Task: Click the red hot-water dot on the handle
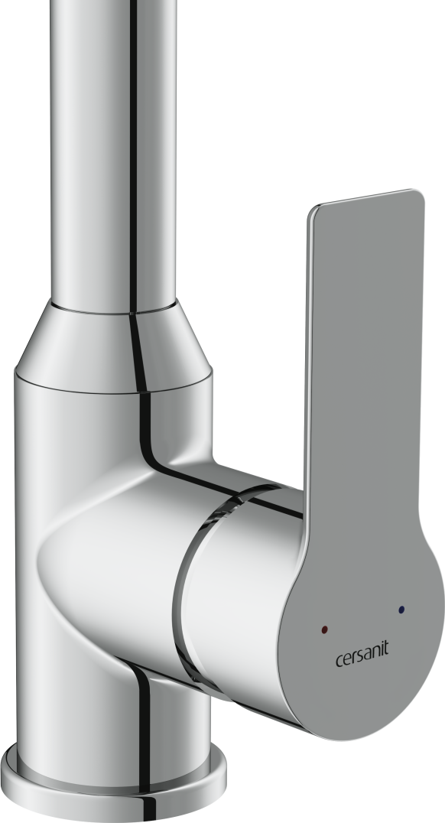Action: click(324, 629)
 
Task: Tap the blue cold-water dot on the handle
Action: click(401, 610)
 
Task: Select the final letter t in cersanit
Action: click(386, 649)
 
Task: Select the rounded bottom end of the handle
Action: click(367, 704)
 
